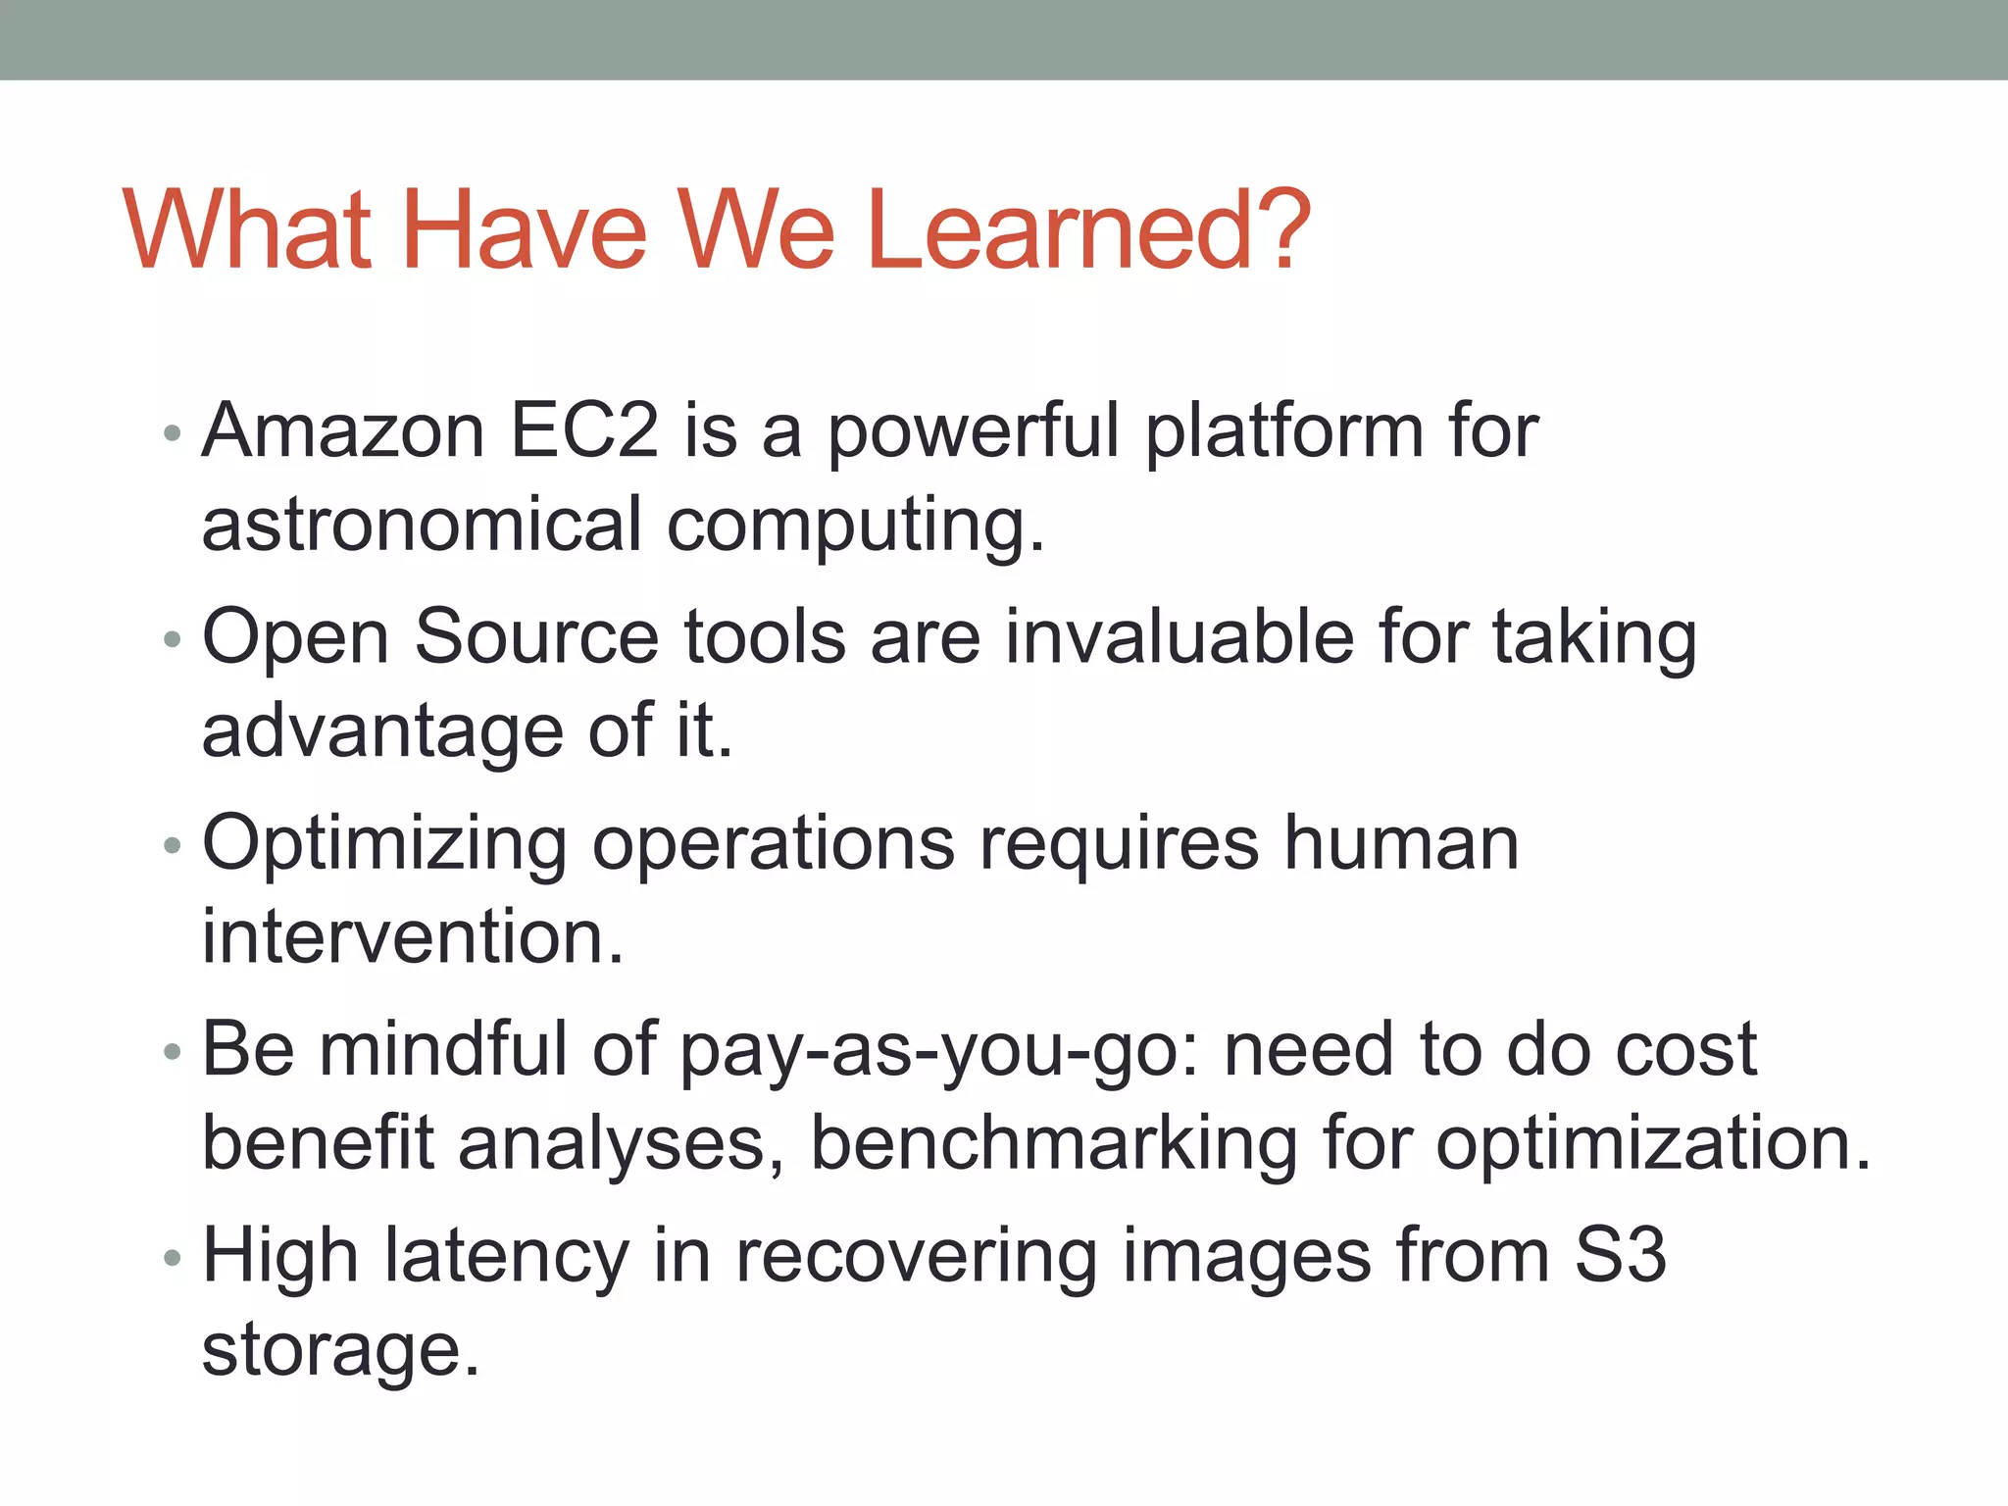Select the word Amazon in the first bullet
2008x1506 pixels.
343,431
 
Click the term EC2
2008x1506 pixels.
584,431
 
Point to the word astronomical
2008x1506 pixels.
422,525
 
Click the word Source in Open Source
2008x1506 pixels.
536,637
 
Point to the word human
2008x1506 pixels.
1402,843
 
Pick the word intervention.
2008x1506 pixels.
413,937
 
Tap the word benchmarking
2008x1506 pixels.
1054,1144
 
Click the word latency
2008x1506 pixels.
506,1257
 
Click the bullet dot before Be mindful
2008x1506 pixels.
173,1052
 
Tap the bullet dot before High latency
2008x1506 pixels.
173,1258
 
